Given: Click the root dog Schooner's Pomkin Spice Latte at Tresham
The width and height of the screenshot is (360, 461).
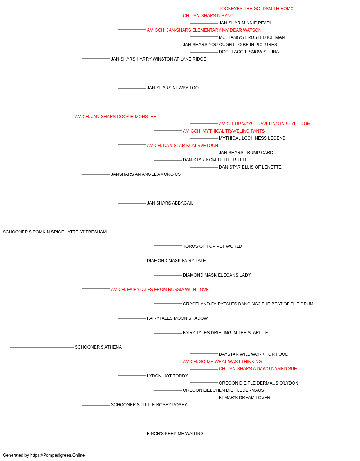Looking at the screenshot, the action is [55, 232].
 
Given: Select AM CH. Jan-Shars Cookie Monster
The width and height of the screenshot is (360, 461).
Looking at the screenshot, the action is [116, 117].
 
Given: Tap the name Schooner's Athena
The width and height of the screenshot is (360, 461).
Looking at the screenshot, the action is [98, 347].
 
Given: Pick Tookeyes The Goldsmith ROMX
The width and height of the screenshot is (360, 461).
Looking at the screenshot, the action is [256, 9].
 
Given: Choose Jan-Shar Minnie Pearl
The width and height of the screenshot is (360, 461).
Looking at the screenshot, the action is [245, 23].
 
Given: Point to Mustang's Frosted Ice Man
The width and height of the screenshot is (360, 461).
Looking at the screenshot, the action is [252, 37].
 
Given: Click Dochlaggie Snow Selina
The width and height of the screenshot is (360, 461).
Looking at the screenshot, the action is [249, 52].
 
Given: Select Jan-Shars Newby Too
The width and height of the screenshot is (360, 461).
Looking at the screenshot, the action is [172, 88].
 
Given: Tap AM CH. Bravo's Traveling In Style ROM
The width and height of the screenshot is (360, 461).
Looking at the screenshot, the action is [265, 124].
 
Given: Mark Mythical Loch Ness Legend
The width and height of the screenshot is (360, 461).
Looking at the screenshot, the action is [252, 138].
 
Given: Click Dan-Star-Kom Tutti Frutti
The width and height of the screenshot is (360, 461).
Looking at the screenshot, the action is [214, 160].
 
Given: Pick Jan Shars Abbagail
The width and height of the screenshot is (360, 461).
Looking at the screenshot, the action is [170, 203].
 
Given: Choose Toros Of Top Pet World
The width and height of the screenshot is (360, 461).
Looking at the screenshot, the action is [212, 246].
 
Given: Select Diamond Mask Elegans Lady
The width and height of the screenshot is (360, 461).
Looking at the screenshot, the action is [217, 275].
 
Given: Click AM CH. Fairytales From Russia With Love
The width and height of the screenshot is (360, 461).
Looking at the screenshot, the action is [159, 290].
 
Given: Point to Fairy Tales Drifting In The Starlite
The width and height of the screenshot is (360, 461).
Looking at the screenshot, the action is [225, 333].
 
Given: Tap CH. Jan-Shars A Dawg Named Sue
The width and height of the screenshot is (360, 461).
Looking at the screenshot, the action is [258, 369].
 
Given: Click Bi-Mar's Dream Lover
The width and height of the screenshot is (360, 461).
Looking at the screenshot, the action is [244, 398].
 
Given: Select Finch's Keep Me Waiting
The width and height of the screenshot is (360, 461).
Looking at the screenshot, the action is [175, 434].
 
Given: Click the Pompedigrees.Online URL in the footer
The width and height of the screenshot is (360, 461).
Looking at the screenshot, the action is [58, 455].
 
